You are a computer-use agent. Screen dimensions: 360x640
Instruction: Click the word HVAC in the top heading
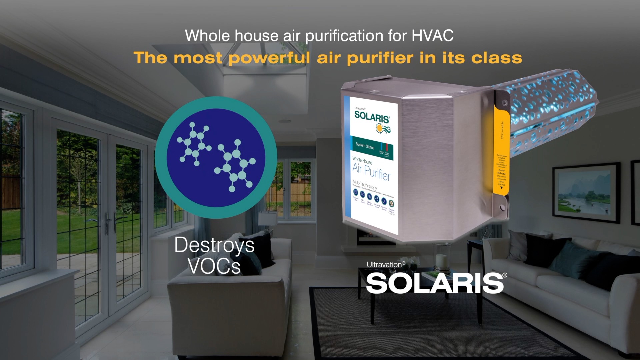[x=432, y=36]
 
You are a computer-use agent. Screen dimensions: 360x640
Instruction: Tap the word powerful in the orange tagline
[x=269, y=58]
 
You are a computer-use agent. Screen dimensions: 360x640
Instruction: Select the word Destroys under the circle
[x=214, y=245]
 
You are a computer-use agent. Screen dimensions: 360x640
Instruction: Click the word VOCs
[x=214, y=266]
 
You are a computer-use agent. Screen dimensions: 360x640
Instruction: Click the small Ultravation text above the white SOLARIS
[x=385, y=265]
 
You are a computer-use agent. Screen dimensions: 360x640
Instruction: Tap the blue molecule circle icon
[x=216, y=157]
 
